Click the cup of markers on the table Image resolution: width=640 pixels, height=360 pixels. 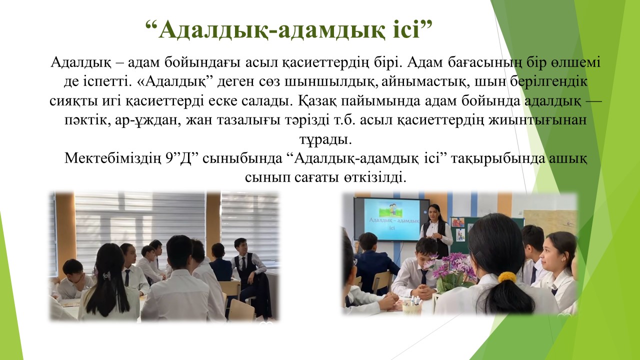click(412, 305)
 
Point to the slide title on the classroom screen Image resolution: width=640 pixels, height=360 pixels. click(394, 223)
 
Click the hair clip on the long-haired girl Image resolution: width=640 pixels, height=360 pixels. click(106, 276)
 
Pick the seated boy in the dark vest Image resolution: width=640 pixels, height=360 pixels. click(247, 271)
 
